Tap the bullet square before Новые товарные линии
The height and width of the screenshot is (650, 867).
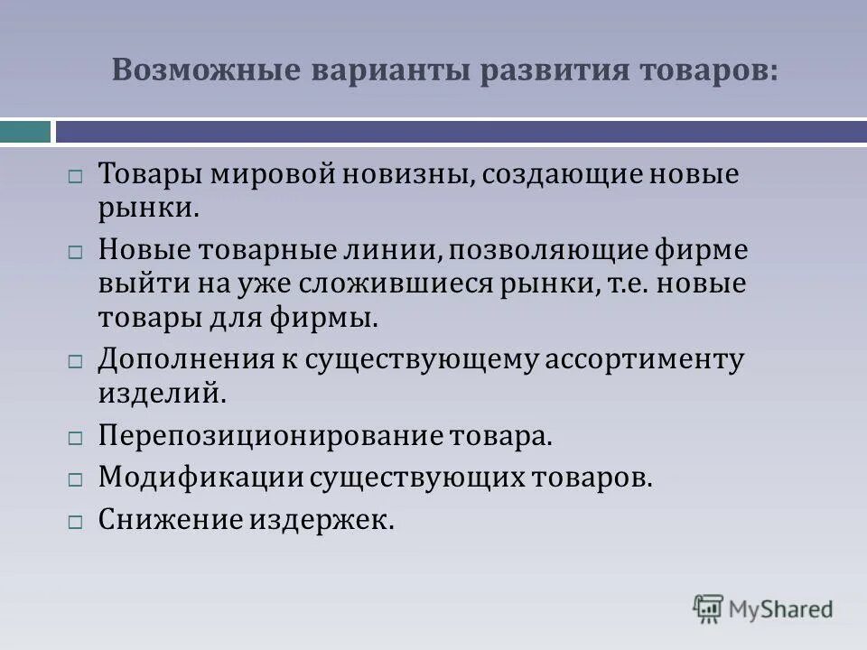pos(76,253)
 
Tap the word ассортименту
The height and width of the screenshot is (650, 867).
pos(642,360)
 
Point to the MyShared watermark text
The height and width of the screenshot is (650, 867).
pos(781,609)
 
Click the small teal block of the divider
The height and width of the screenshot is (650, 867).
pos(25,132)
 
